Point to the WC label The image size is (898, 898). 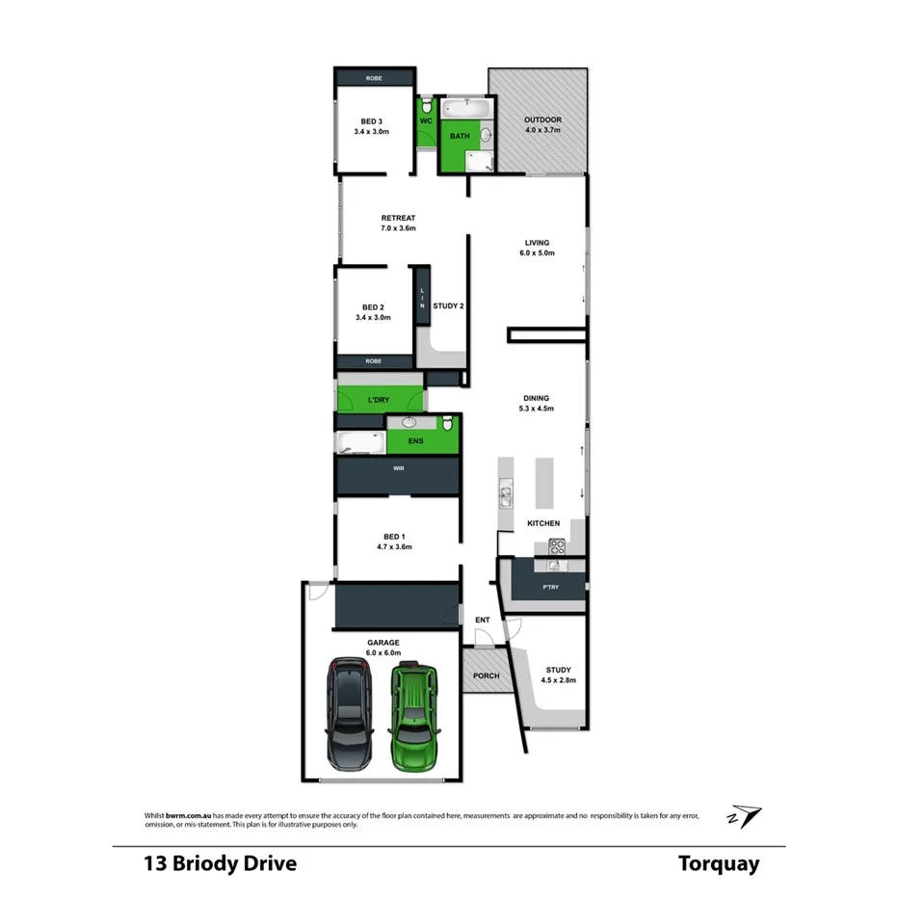pos(425,121)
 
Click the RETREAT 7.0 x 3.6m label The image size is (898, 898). pos(398,224)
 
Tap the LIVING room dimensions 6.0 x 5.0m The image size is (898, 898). pos(537,253)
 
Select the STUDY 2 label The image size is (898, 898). pos(448,306)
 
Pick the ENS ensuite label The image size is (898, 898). pos(415,440)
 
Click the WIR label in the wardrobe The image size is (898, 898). pos(397,468)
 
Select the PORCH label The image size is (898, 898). pos(486,675)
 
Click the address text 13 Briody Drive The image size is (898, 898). pos(220,863)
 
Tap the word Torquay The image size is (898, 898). pos(718,863)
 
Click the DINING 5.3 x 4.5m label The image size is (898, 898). pos(536,403)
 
